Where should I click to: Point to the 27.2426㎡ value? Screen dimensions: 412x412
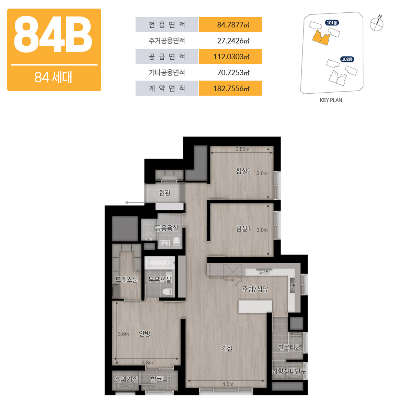tap(233, 40)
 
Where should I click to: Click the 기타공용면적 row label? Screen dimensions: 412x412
tap(167, 72)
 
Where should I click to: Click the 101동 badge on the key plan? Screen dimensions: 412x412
tap(332, 23)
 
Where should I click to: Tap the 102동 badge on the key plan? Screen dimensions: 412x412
tap(347, 59)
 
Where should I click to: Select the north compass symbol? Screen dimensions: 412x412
tap(377, 24)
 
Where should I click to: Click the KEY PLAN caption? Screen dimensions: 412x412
tap(331, 100)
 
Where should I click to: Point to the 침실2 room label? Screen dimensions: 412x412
tap(243, 171)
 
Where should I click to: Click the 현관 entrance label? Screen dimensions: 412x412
tap(164, 193)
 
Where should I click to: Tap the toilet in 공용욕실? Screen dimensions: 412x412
tap(176, 242)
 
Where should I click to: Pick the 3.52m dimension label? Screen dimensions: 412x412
tap(242, 149)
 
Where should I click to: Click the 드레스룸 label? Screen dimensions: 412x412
tap(126, 280)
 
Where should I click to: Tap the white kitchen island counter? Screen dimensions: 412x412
tap(255, 307)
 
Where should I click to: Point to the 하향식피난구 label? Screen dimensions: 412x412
tap(289, 371)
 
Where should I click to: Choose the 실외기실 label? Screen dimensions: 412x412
tap(126, 379)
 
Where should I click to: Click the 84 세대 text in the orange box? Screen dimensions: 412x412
tap(53, 77)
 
